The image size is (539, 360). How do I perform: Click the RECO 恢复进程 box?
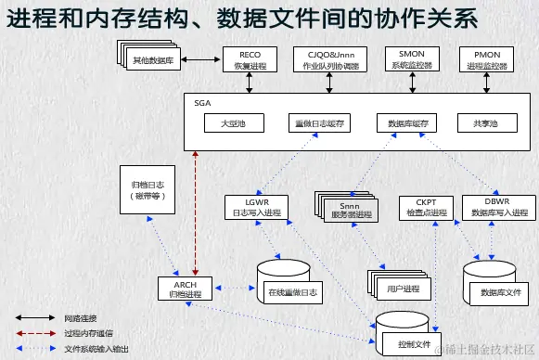pos(249,60)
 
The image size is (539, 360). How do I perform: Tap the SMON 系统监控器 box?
pos(404,60)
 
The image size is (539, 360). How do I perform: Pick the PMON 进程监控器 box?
pos(486,60)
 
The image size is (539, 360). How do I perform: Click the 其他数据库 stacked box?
pos(150,60)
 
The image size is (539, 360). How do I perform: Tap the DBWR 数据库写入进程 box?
pos(497,207)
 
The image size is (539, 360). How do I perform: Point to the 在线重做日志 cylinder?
pos(292,286)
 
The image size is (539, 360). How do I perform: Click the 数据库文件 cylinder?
pos(501,286)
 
